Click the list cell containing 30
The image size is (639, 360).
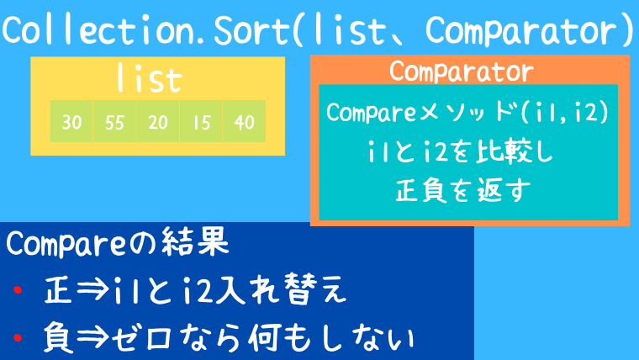[x=71, y=122]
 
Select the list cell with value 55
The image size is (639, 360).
[x=115, y=122]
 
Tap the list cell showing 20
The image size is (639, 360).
[x=158, y=122]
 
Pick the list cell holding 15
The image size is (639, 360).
[x=201, y=122]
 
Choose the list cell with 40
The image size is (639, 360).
[x=244, y=122]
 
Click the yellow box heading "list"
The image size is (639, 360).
[x=150, y=80]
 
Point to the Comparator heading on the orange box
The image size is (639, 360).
[x=461, y=71]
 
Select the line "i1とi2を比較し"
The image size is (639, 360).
[x=457, y=153]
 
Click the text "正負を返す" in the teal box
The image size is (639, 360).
[x=460, y=191]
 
